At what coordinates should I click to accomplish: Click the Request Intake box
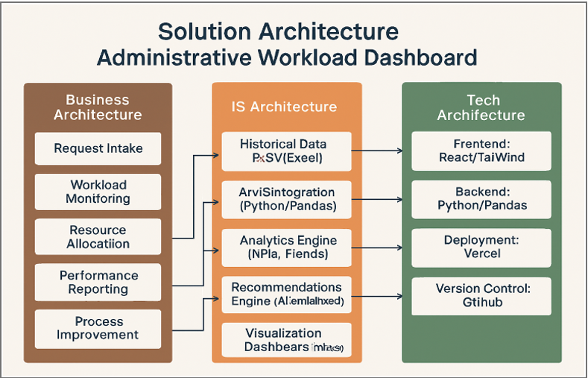[x=98, y=148]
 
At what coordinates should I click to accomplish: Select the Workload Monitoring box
[x=98, y=192]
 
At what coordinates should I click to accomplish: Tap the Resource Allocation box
[x=98, y=237]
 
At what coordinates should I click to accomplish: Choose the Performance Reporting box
[x=98, y=283]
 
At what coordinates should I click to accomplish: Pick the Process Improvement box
[x=98, y=329]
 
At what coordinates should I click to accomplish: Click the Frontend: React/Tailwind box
[x=481, y=151]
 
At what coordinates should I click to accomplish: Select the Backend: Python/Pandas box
[x=481, y=198]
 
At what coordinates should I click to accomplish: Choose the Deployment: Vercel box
[x=481, y=247]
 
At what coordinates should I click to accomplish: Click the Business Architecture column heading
[x=98, y=107]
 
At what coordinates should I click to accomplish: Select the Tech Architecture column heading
[x=481, y=107]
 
